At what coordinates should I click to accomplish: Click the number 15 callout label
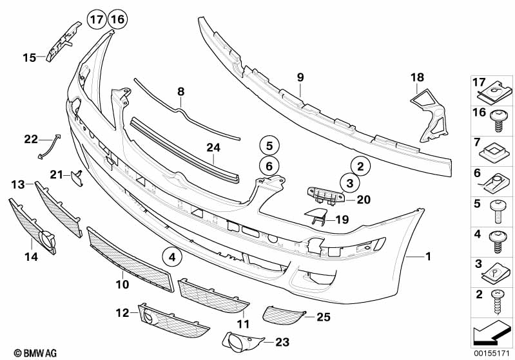[x=29, y=58]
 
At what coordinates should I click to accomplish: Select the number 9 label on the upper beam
[x=300, y=78]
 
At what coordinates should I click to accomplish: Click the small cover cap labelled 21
[x=77, y=176]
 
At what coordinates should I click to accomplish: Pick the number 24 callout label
[x=213, y=148]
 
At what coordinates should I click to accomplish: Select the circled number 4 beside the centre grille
[x=172, y=258]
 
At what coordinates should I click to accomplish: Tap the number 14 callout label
[x=30, y=257]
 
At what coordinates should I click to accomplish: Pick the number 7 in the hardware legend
[x=478, y=141]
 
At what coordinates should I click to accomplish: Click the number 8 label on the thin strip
[x=181, y=91]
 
